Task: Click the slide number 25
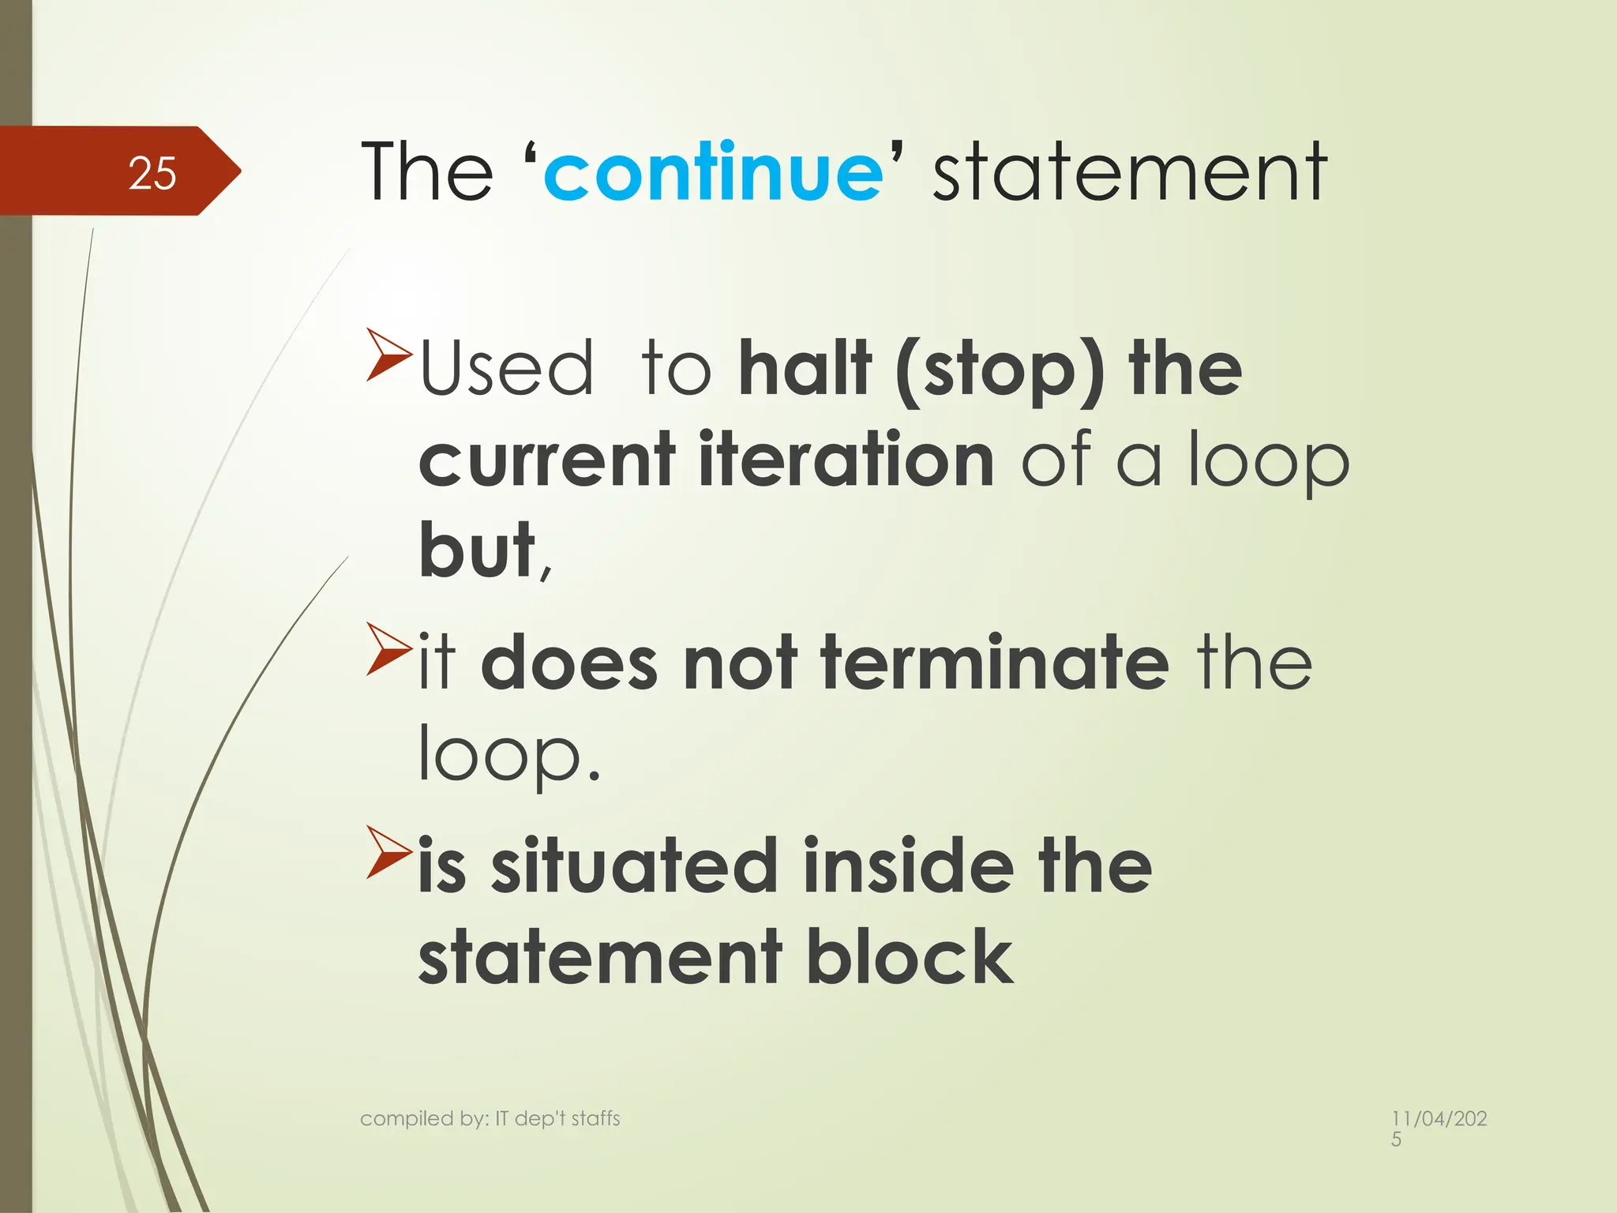coord(152,173)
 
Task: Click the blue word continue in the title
coord(713,172)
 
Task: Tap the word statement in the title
coord(1129,172)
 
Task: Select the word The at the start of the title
coord(427,172)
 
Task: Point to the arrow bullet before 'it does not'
coord(388,649)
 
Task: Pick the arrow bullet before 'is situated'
coord(388,853)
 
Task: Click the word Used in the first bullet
coord(506,368)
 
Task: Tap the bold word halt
coord(805,368)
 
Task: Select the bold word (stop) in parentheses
coord(1000,370)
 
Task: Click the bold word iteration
coord(846,460)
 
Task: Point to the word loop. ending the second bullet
coord(508,755)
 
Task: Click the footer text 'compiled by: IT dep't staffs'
coord(490,1118)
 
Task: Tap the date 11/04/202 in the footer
coord(1439,1119)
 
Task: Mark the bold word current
coord(546,460)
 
